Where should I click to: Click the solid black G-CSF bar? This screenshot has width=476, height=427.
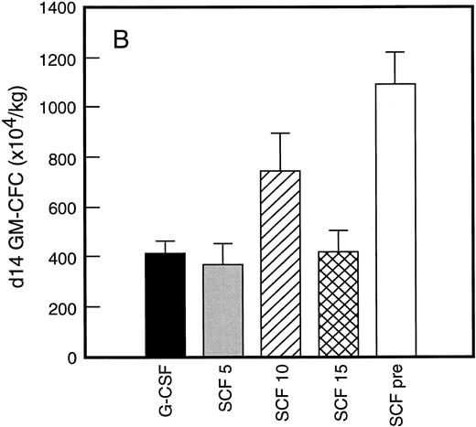(x=165, y=304)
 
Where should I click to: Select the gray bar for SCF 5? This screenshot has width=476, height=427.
(x=223, y=311)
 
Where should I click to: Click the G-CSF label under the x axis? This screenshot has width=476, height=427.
(x=165, y=389)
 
